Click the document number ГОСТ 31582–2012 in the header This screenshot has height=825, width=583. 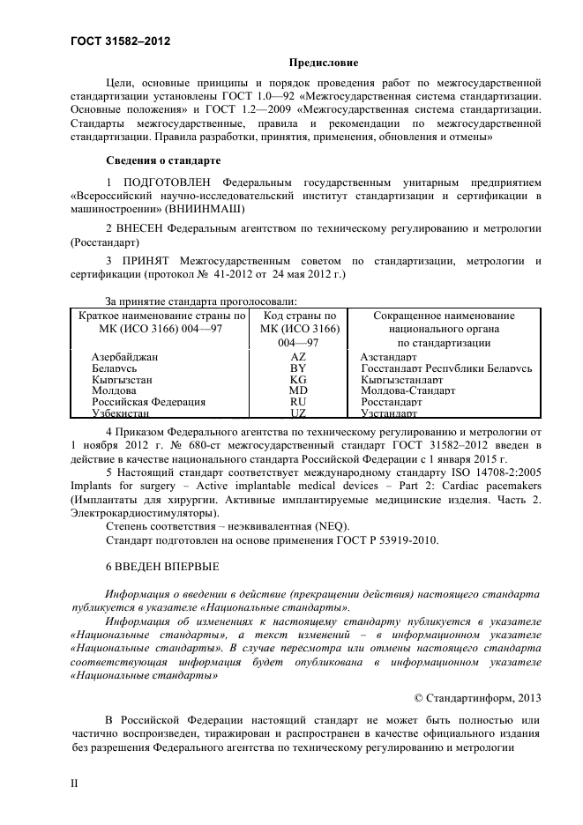tap(120, 42)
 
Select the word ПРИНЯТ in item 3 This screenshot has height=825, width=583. tap(144, 261)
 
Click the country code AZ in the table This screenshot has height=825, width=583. tap(298, 357)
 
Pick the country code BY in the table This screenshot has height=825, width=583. tap(298, 368)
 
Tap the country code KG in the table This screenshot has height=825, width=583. tap(298, 379)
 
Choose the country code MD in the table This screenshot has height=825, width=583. tap(298, 390)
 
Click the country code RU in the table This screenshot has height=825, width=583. tap(298, 401)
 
